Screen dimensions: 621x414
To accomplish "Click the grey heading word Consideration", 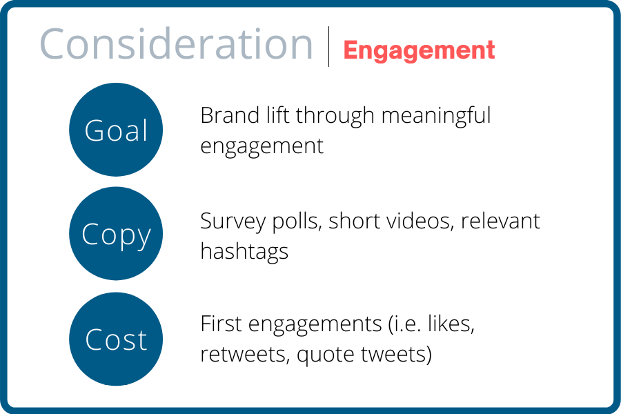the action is [176, 43].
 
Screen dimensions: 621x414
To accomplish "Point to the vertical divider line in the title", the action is [328, 46].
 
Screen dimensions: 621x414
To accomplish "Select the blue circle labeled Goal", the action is [116, 130].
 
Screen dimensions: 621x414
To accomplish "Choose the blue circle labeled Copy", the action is [116, 233].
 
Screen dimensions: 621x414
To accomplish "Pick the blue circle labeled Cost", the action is [116, 339].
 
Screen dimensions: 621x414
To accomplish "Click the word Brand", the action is [230, 115].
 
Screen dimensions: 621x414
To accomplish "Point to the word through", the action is [335, 117].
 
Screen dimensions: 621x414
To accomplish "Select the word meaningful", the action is [436, 117].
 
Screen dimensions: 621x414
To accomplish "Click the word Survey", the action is [233, 222].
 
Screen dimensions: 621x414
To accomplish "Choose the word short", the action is [354, 221].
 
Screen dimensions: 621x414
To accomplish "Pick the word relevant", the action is [501, 221].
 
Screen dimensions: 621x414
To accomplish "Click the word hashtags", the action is [244, 253].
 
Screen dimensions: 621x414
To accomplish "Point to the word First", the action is [221, 324].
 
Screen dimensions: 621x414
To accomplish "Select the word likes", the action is [451, 324].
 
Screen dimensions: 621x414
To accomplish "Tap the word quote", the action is [326, 355].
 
